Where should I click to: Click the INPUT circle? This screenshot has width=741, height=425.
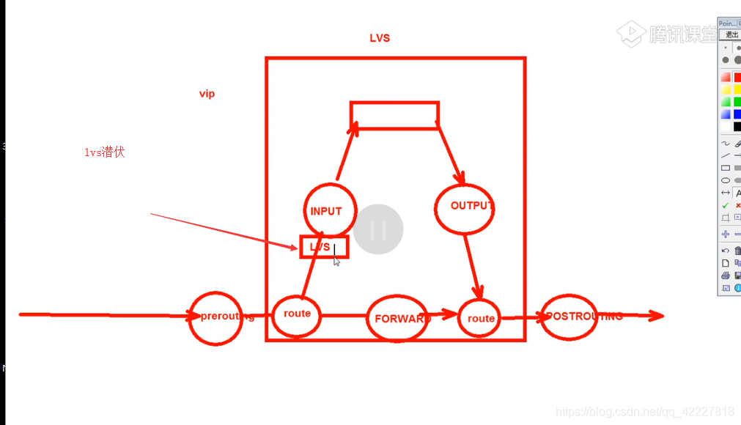pos(329,210)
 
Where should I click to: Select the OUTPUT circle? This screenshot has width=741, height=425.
pos(464,208)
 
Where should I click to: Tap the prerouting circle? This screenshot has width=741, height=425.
pos(215,317)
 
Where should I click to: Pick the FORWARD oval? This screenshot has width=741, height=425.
pos(397,318)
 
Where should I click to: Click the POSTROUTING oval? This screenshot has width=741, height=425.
pos(569,317)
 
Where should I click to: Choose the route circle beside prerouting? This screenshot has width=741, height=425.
pos(296,314)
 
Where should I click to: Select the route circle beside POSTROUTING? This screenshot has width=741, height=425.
pos(480,318)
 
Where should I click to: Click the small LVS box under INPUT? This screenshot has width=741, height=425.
pos(323,248)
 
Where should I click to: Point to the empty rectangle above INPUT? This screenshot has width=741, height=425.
pos(394,116)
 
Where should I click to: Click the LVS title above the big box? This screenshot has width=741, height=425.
pos(380,38)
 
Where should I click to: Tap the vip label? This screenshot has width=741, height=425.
pos(207,94)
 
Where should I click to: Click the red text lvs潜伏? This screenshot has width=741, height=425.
pos(104,152)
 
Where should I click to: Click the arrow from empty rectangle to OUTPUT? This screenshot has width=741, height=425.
pos(451,155)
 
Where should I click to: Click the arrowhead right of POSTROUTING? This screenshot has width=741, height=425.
pos(656,316)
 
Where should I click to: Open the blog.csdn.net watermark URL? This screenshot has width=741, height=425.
pos(645,411)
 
